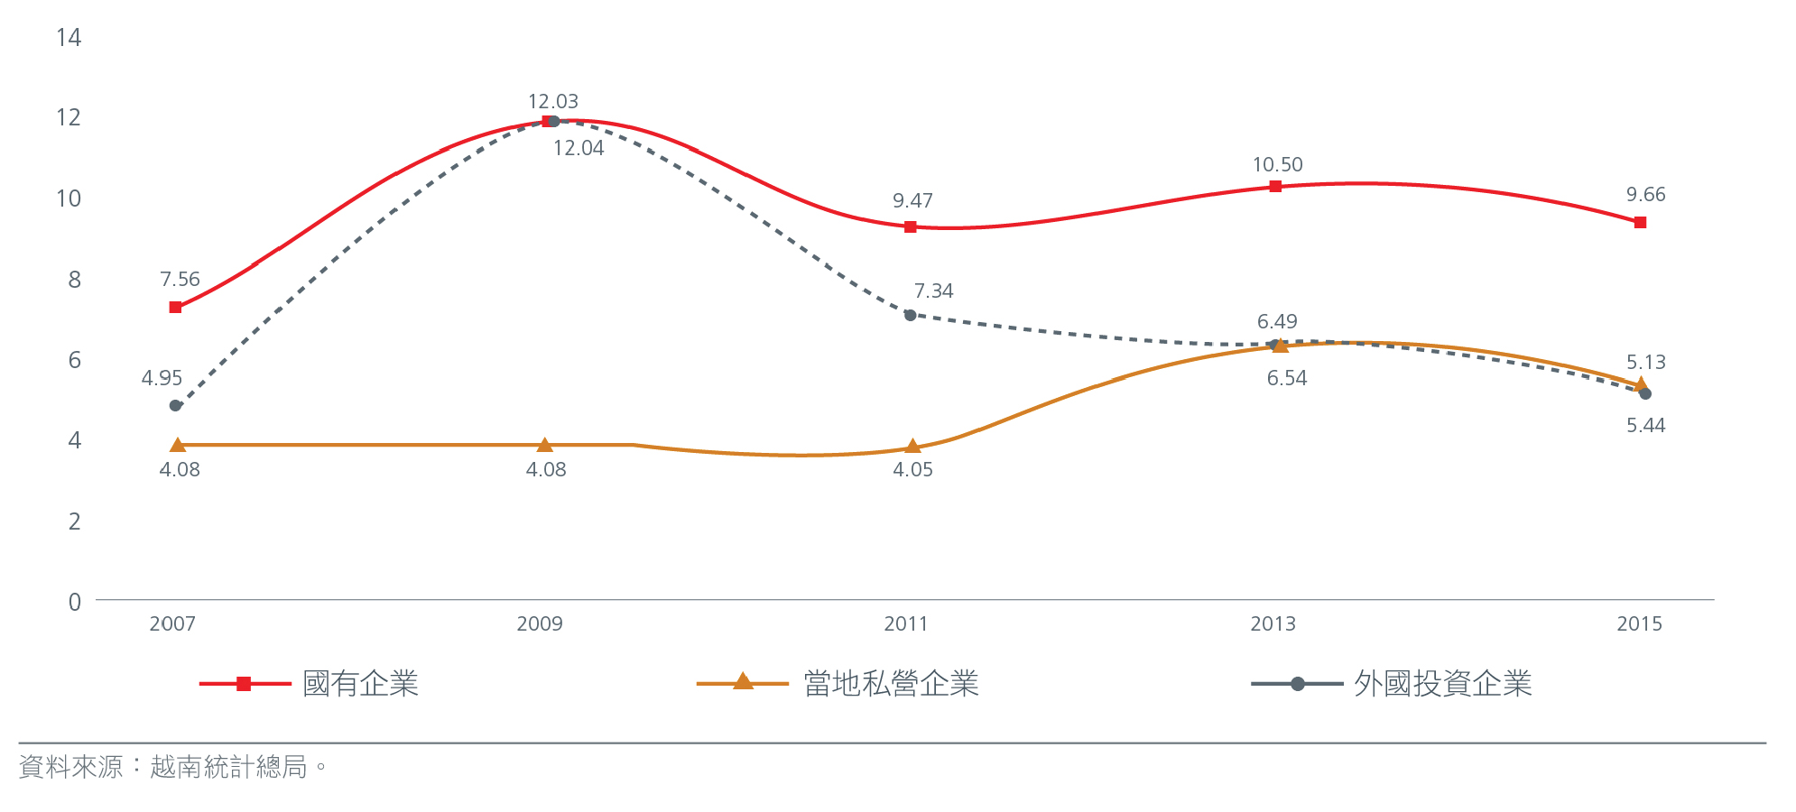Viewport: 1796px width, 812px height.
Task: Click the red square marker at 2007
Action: click(175, 308)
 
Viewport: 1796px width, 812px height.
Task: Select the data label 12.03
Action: click(552, 102)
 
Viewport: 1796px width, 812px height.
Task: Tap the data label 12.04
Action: click(579, 149)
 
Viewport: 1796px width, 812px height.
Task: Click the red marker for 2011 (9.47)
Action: click(911, 226)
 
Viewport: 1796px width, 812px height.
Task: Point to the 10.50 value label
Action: click(1277, 165)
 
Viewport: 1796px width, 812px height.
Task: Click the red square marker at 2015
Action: click(1640, 222)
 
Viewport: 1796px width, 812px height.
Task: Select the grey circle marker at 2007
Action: click(175, 406)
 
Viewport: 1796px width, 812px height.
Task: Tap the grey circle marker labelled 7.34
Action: click(910, 315)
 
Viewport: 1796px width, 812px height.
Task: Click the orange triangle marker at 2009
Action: click(544, 445)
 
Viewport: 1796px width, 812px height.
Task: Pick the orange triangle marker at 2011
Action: click(912, 446)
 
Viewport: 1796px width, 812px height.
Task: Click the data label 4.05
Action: click(912, 470)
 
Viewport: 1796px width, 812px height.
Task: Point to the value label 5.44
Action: click(1645, 426)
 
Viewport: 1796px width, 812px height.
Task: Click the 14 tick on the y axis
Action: click(69, 38)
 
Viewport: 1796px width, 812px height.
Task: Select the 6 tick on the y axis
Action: click(74, 360)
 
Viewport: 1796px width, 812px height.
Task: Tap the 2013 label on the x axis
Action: click(1273, 624)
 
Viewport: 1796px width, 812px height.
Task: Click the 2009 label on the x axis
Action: click(540, 624)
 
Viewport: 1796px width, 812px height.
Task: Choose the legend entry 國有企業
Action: click(360, 684)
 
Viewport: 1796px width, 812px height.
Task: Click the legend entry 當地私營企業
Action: click(891, 684)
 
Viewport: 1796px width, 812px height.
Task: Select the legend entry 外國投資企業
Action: click(1442, 684)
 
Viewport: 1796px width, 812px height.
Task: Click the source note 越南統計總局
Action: click(228, 768)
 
